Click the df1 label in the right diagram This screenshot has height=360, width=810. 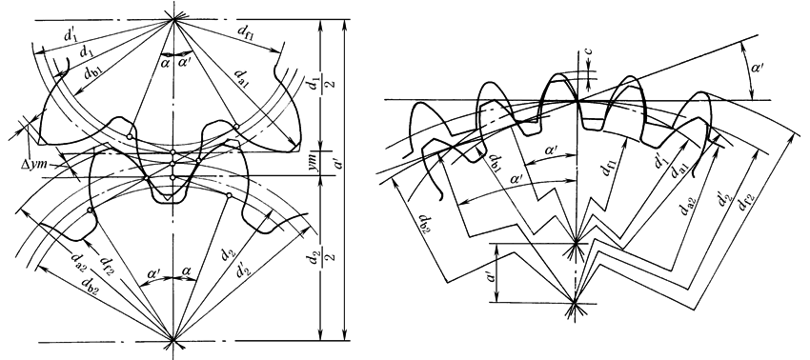coord(610,167)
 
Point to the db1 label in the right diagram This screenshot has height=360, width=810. coord(494,163)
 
